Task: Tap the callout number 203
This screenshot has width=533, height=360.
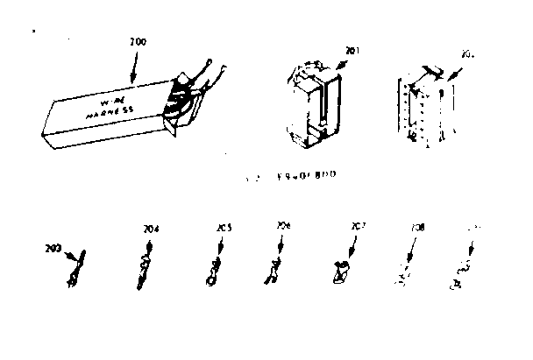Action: pos(53,248)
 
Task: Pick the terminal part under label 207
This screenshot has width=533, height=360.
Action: pos(343,272)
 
